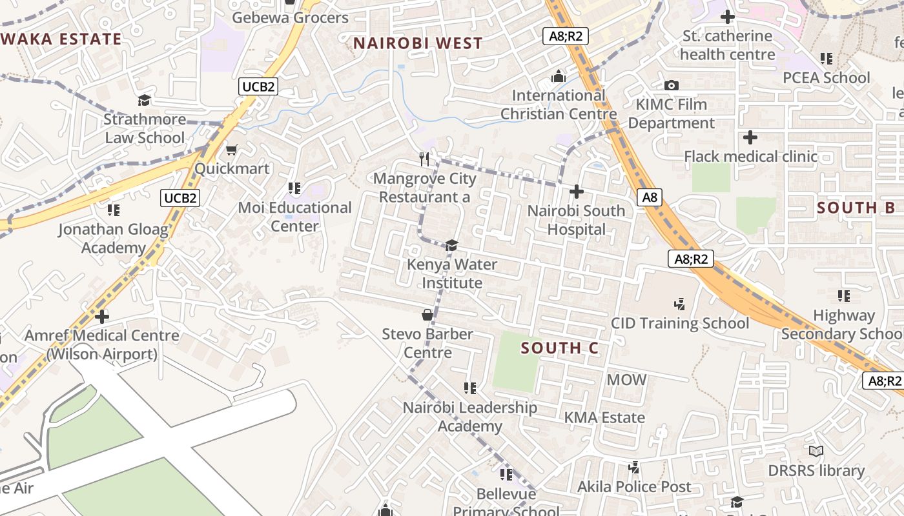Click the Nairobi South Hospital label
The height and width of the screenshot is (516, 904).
[576, 220]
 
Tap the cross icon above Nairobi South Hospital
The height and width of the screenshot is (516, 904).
[576, 192]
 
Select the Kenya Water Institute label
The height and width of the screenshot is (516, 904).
[452, 273]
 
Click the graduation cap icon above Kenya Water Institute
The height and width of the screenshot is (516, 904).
[451, 245]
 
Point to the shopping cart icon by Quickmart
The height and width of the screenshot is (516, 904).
[231, 150]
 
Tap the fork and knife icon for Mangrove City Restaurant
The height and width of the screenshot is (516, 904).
[424, 159]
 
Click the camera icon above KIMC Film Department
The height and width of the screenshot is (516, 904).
[671, 85]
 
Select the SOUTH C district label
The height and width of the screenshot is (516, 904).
[560, 348]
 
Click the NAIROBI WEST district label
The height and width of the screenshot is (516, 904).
[418, 43]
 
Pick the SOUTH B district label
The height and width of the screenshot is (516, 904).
[856, 208]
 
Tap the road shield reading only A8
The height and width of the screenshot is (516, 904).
[650, 197]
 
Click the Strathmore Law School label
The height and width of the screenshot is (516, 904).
[145, 128]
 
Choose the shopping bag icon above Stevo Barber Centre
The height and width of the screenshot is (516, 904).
[427, 315]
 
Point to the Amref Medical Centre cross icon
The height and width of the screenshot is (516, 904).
[102, 316]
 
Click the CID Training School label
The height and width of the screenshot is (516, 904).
[680, 323]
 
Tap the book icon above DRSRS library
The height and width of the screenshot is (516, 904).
[816, 451]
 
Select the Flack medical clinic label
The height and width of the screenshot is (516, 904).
[750, 156]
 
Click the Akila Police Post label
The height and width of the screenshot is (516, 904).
[634, 486]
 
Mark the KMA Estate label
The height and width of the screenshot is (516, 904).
[604, 417]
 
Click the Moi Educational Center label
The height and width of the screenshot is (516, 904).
[295, 217]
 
